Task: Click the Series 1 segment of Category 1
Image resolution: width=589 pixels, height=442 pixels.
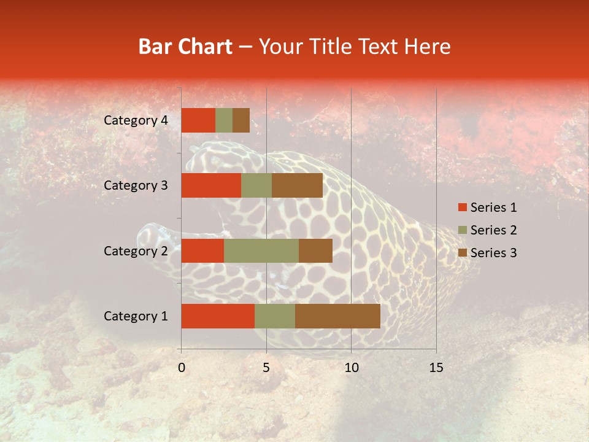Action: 218,316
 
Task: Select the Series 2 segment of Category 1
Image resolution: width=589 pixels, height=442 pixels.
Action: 275,316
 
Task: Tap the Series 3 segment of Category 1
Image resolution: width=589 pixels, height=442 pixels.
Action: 337,316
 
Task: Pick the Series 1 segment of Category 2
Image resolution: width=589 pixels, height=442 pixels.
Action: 202,250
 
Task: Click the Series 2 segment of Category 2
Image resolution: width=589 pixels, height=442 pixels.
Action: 261,250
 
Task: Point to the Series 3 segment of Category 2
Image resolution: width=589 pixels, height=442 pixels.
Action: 315,250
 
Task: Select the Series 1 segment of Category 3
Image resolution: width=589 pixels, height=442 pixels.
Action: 211,185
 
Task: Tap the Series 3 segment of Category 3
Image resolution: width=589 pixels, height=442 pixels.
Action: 297,185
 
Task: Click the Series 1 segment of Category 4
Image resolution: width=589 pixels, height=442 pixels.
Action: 198,120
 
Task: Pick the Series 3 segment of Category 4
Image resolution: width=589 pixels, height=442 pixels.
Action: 241,120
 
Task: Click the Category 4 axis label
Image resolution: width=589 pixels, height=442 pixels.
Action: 136,120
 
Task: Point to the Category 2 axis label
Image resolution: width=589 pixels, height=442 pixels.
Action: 136,250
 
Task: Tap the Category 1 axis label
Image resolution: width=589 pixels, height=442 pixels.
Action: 136,316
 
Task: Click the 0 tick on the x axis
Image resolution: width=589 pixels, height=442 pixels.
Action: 182,368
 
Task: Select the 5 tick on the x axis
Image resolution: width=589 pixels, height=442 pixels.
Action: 266,368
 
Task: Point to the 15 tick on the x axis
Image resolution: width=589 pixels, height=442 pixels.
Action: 436,368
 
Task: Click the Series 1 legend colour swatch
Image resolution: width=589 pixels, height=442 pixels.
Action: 462,207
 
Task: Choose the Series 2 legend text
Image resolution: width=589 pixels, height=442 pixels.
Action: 494,230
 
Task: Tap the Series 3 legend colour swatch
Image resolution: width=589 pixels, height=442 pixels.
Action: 462,253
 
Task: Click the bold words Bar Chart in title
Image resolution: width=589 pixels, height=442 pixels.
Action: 185,47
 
